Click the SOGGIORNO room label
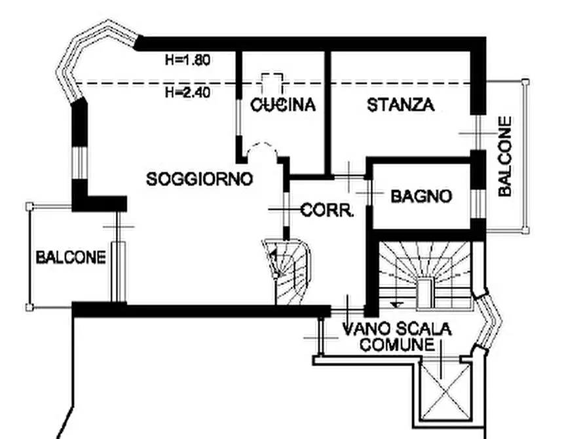199,178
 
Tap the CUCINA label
283,104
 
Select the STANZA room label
400,105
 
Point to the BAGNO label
421,195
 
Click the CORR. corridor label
328,211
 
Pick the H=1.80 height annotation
187,61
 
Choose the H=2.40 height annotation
187,92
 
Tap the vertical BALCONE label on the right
504,157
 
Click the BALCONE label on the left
70,257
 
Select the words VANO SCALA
397,329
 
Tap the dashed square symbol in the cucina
272,83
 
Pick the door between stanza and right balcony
478,133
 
